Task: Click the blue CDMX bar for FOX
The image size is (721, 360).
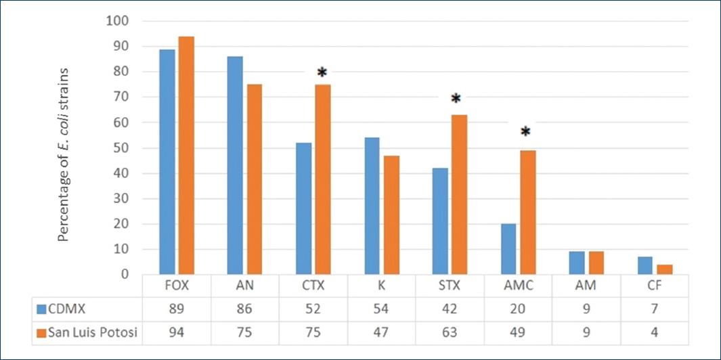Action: pyautogui.click(x=167, y=162)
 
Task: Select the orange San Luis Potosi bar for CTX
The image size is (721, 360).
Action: pyautogui.click(x=323, y=179)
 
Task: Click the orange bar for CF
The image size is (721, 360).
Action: pyautogui.click(x=665, y=269)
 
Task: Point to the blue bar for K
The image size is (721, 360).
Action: pyautogui.click(x=372, y=206)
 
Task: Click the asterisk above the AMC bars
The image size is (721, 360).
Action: pyautogui.click(x=525, y=131)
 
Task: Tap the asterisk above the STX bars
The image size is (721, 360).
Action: pyautogui.click(x=456, y=99)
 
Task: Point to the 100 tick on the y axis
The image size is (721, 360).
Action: pyautogui.click(x=118, y=21)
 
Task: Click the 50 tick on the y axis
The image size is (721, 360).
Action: pyautogui.click(x=122, y=148)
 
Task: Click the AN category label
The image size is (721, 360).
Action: pyautogui.click(x=244, y=286)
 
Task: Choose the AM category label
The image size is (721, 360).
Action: pyautogui.click(x=586, y=286)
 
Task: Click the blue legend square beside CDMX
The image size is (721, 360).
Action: pyautogui.click(x=41, y=309)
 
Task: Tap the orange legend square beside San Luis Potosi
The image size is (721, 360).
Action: pyautogui.click(x=41, y=332)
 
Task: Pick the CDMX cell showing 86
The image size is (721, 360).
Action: pyautogui.click(x=244, y=309)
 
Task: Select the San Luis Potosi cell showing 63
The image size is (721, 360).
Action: pyautogui.click(x=449, y=332)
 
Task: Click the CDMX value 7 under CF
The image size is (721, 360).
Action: pyautogui.click(x=654, y=309)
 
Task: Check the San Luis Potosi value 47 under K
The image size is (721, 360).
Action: pyautogui.click(x=380, y=332)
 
